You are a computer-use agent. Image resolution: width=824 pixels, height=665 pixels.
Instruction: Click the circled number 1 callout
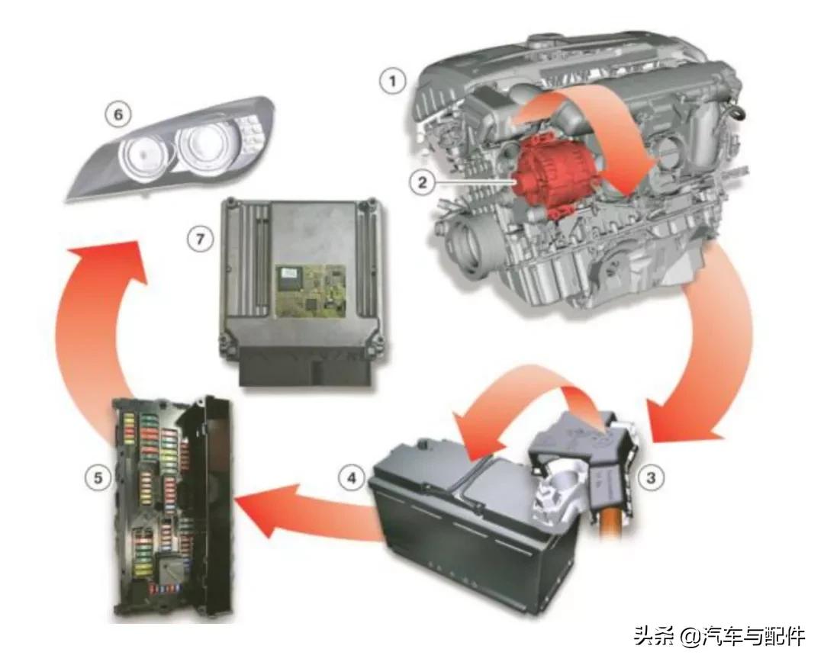tap(393, 82)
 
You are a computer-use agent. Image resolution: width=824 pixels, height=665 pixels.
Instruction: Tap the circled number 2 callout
tap(423, 182)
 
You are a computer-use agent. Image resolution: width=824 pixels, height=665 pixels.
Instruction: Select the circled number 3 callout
tap(651, 478)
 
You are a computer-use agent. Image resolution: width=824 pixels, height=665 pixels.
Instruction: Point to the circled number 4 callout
tap(352, 478)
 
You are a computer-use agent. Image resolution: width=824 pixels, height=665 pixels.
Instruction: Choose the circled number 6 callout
tap(118, 114)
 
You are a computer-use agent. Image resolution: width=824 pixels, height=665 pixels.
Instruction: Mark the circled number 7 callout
tap(200, 239)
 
